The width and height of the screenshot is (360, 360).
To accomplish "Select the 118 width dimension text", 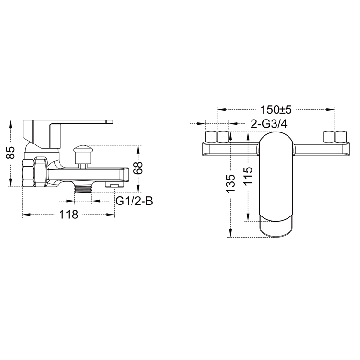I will [x=69, y=215].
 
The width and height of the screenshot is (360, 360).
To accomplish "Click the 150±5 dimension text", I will [x=276, y=109].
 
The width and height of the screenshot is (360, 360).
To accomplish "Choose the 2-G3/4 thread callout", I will [x=269, y=124].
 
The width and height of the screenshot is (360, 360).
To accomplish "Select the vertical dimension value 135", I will [x=230, y=183].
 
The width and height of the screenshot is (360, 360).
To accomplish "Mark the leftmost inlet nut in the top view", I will [x=211, y=137].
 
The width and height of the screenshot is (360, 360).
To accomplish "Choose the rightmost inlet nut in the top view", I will [x=341, y=137].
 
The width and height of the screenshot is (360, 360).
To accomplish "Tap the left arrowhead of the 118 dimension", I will [x=25, y=215].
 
